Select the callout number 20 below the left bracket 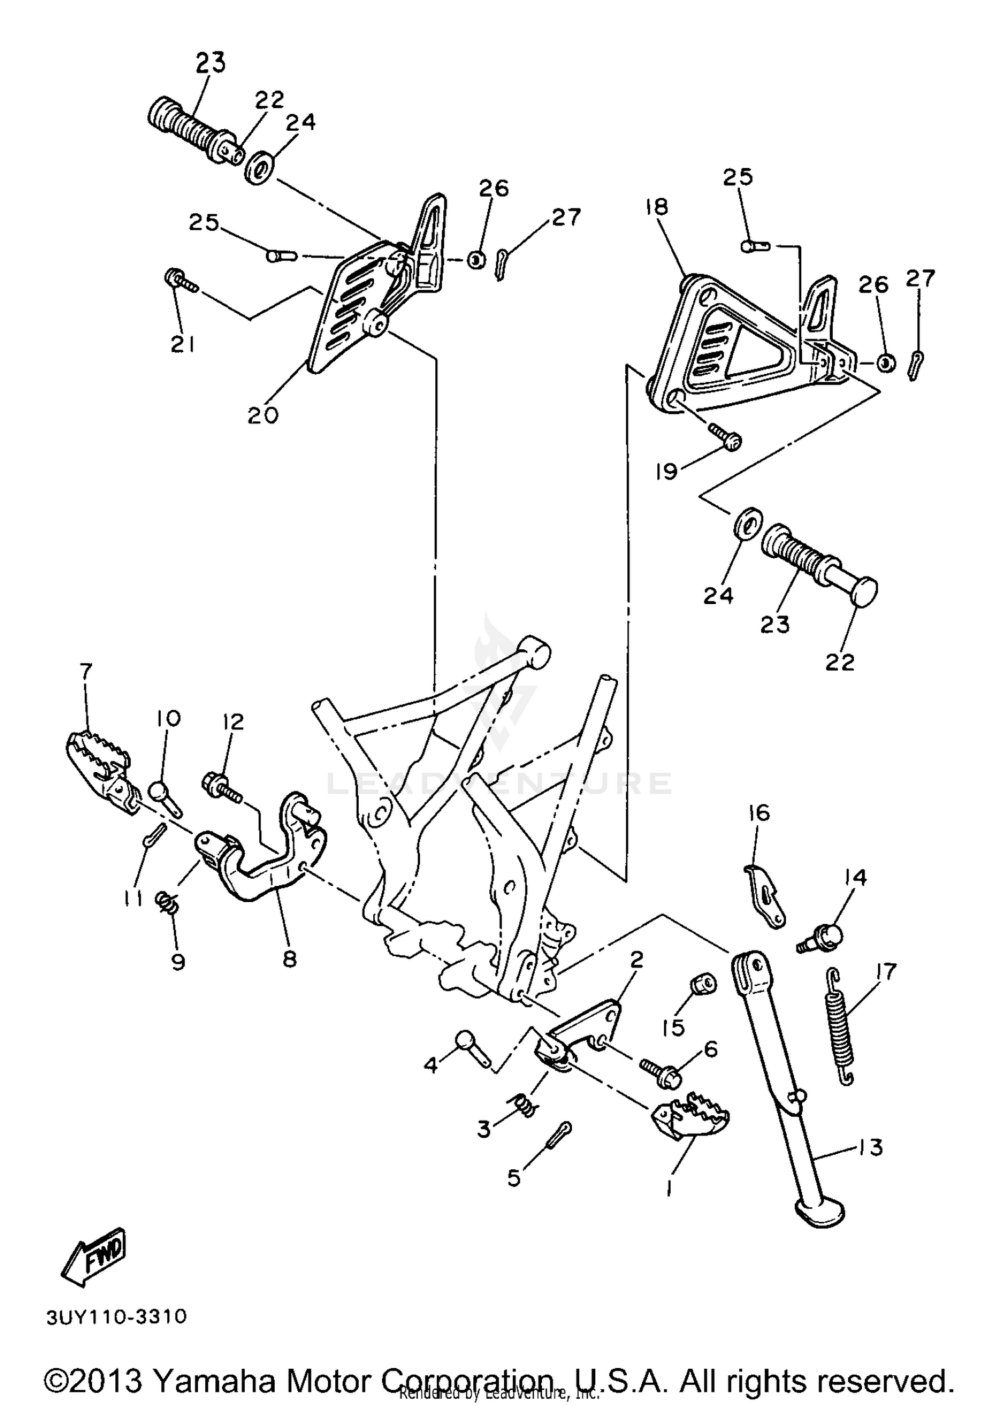click(x=263, y=415)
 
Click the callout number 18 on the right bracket click(x=657, y=207)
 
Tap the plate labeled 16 click(x=764, y=895)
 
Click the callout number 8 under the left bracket click(x=289, y=959)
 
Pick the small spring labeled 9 click(x=168, y=903)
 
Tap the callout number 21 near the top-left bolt click(x=183, y=344)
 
